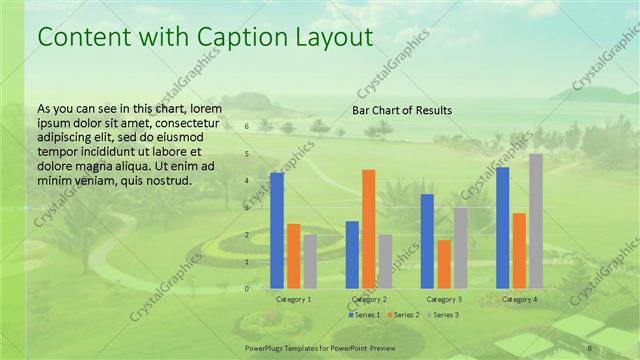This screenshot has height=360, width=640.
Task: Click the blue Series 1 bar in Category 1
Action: click(277, 231)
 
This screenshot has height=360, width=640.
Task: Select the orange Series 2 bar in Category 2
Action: click(368, 229)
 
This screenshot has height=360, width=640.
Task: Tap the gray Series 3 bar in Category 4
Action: click(536, 221)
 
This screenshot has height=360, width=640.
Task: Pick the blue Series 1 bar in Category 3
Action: click(427, 241)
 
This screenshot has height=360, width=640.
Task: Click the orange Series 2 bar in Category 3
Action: click(443, 264)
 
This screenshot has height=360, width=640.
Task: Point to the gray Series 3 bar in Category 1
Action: click(310, 262)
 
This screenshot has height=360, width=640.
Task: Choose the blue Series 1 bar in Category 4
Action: click(502, 228)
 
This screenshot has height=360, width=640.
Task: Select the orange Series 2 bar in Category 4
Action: click(519, 251)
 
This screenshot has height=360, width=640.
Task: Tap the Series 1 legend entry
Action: click(364, 315)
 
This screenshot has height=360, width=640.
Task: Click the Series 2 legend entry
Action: click(403, 315)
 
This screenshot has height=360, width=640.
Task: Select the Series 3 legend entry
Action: click(443, 315)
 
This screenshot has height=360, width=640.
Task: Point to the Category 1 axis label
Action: click(293, 299)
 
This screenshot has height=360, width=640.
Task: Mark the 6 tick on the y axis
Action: click(247, 127)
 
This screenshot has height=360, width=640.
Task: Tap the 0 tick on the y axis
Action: click(247, 288)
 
